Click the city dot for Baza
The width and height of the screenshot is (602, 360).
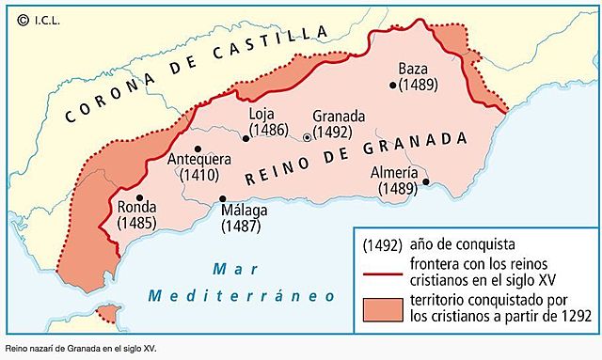coord(393,85)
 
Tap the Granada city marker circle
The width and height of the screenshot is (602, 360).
coord(308,137)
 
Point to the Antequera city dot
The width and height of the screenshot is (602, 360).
coord(198,149)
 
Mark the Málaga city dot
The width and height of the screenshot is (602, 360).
coord(222,198)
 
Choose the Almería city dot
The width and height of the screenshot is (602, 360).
coord(425,181)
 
